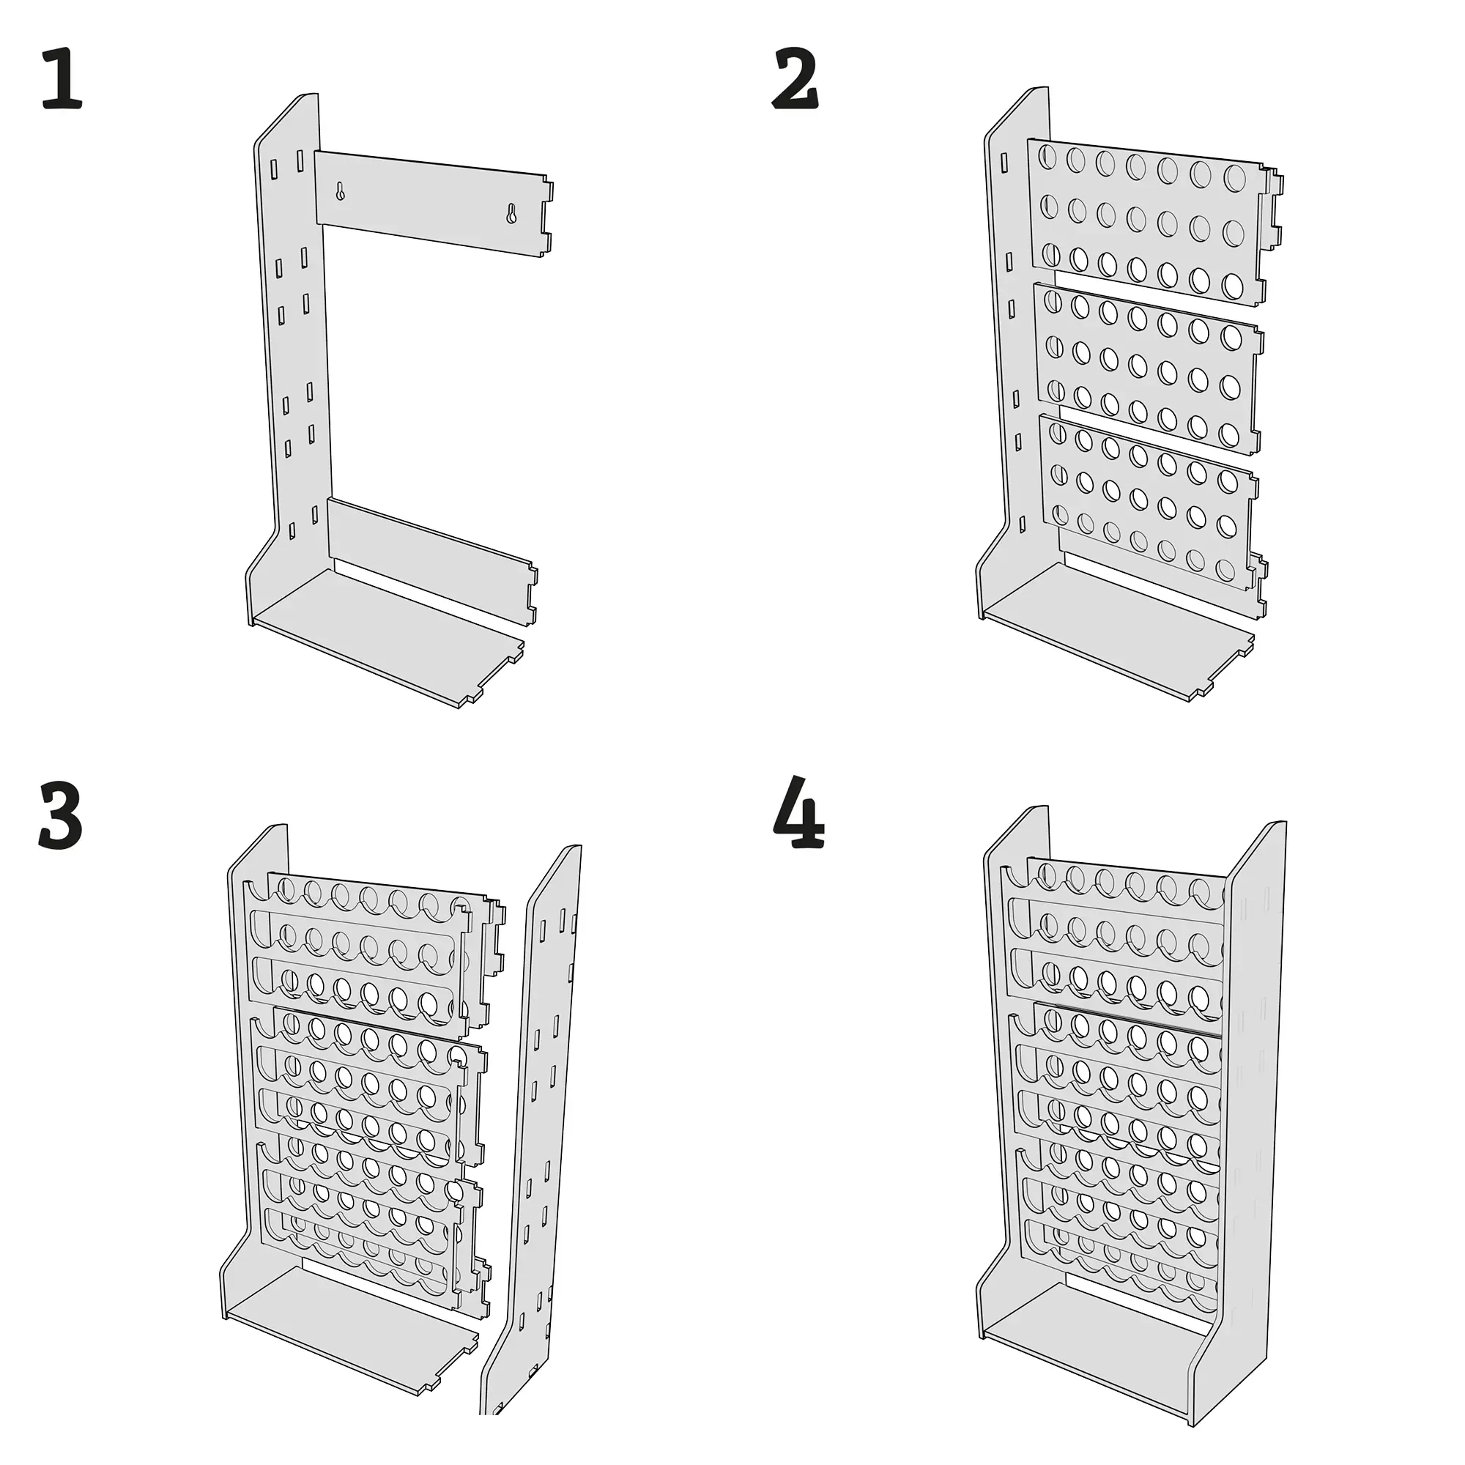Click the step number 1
pyautogui.click(x=62, y=78)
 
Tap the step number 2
pyautogui.click(x=795, y=78)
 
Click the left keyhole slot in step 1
pyautogui.click(x=341, y=191)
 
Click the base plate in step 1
pyautogui.click(x=387, y=637)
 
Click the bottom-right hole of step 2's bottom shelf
pyautogui.click(x=1225, y=569)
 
